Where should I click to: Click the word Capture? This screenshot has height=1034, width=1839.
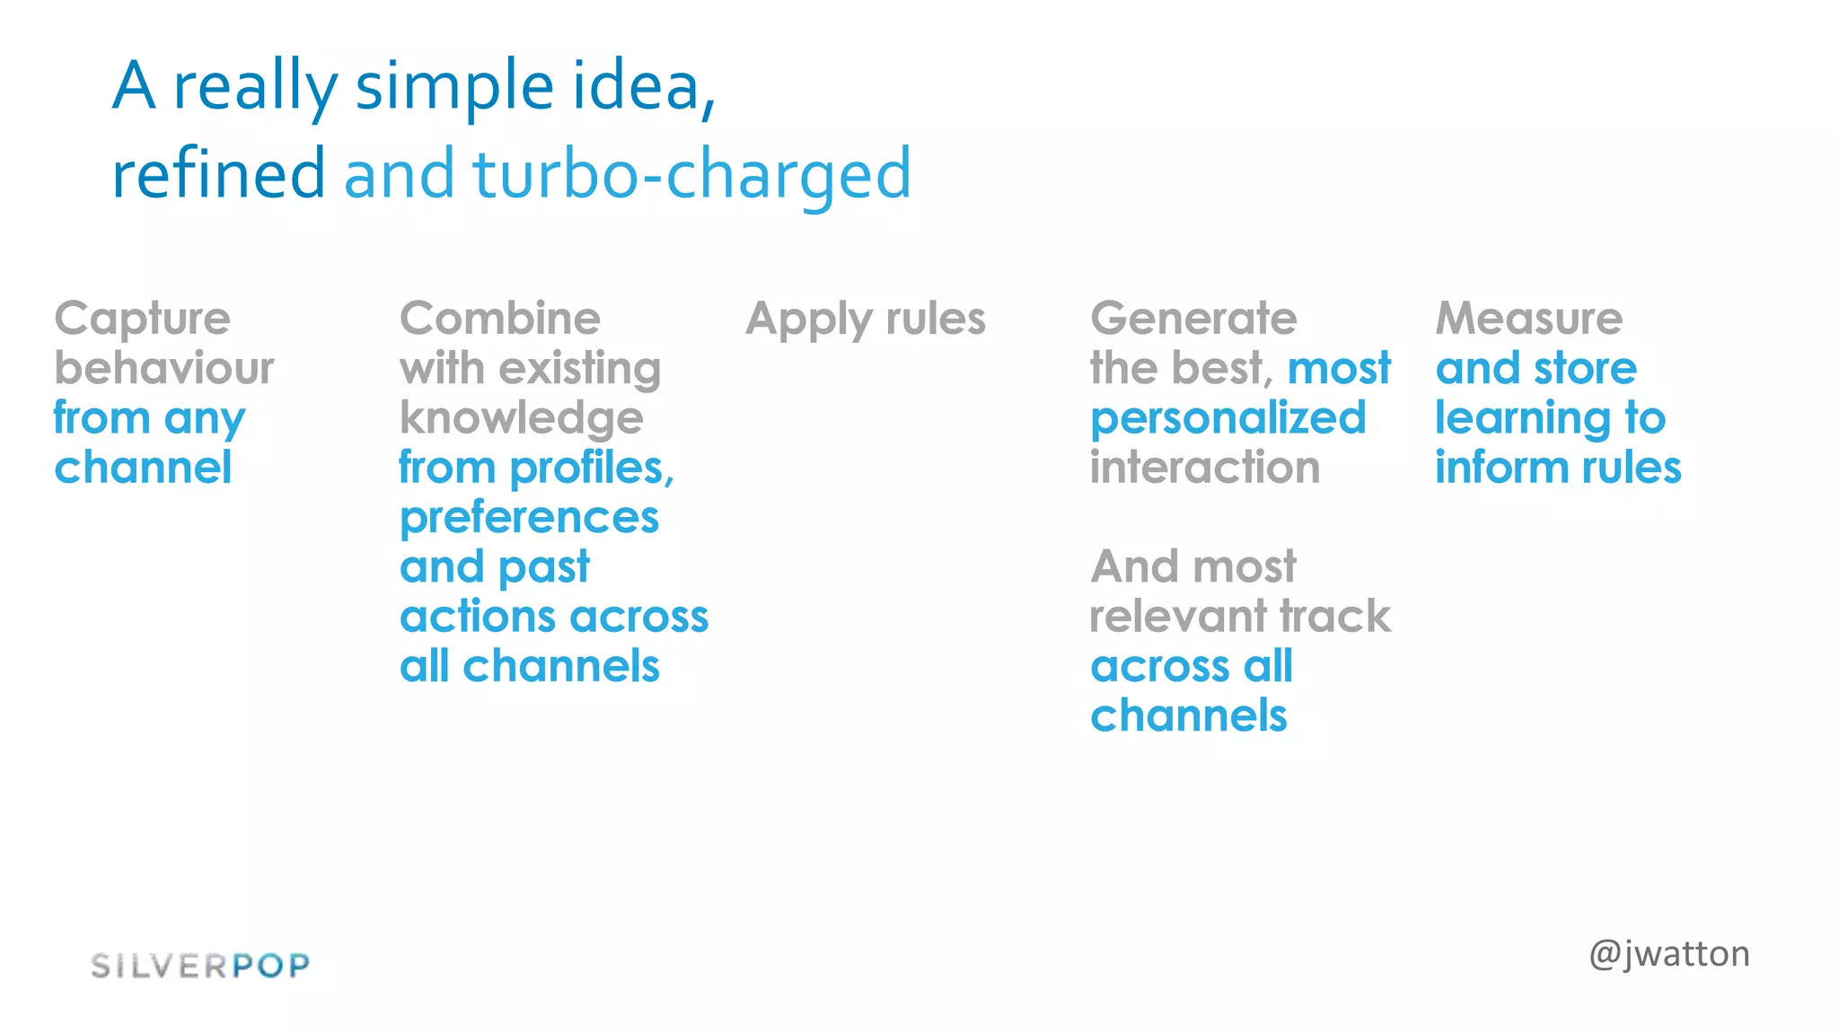(x=143, y=320)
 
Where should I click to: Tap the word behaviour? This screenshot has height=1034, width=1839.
(x=164, y=369)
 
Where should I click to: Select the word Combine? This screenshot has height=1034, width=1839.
(x=500, y=319)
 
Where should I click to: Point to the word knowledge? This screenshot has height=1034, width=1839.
(x=522, y=419)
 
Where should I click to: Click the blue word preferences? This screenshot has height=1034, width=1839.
(x=530, y=519)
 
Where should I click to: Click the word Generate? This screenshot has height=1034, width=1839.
(x=1193, y=320)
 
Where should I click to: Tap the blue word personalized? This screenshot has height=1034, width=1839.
(x=1227, y=419)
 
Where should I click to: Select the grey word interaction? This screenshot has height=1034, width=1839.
(x=1205, y=469)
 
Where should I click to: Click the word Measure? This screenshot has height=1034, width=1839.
(x=1529, y=319)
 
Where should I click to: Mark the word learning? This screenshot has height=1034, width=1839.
(x=1522, y=419)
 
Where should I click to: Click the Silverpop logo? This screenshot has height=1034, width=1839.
(x=200, y=966)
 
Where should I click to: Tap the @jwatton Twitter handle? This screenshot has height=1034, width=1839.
(x=1668, y=954)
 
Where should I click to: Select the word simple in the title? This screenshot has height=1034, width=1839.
(x=454, y=88)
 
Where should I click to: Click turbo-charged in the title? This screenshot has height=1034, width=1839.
(x=691, y=175)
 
